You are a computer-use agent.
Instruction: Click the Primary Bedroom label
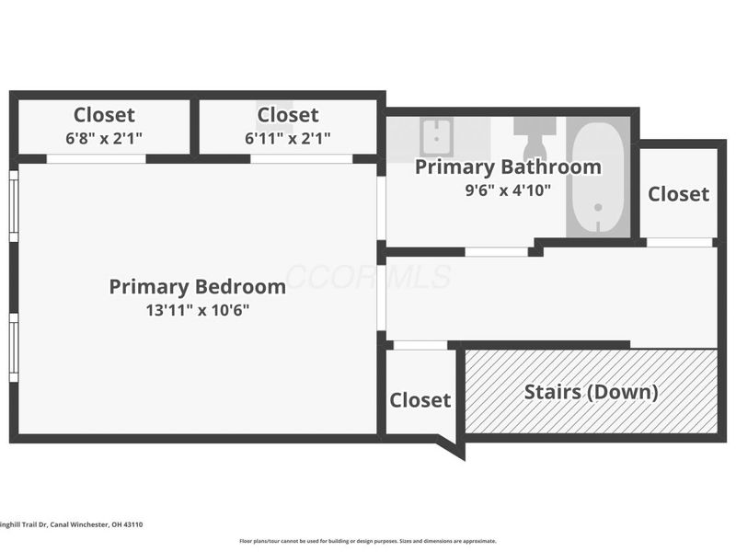click(197, 286)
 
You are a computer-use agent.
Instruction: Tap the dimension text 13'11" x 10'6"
click(197, 310)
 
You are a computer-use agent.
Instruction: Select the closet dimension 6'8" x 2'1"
click(104, 138)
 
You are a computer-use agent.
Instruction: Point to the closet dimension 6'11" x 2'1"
click(288, 138)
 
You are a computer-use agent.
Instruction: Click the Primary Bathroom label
click(508, 167)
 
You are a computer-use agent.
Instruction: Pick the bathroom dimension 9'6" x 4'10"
click(508, 190)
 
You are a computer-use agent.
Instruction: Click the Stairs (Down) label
click(591, 392)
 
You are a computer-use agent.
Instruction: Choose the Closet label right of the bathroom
click(678, 194)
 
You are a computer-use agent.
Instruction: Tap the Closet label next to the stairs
click(420, 400)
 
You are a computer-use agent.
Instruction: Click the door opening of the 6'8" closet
click(97, 158)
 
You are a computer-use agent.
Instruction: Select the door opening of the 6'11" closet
click(302, 158)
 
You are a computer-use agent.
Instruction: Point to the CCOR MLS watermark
click(368, 276)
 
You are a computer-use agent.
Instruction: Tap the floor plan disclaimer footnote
click(368, 541)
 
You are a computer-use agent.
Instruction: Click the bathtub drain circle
click(597, 208)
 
